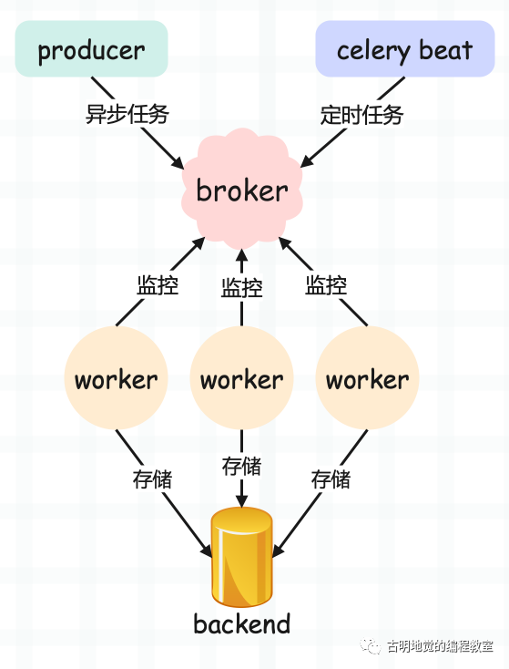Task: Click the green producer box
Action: click(x=91, y=49)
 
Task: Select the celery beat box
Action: click(x=404, y=49)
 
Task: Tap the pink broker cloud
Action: click(x=241, y=190)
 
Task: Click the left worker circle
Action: click(x=116, y=379)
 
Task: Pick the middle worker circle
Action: click(x=241, y=379)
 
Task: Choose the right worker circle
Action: click(x=367, y=379)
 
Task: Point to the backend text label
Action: click(x=241, y=624)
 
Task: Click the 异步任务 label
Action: click(x=127, y=115)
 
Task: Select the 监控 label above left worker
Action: click(x=158, y=284)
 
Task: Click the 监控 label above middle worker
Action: click(x=241, y=288)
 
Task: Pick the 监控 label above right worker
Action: click(x=326, y=284)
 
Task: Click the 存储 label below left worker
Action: click(x=152, y=479)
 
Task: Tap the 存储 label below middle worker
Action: click(x=241, y=466)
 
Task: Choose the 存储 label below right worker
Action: click(x=331, y=479)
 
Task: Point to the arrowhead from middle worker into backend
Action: click(x=241, y=502)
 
